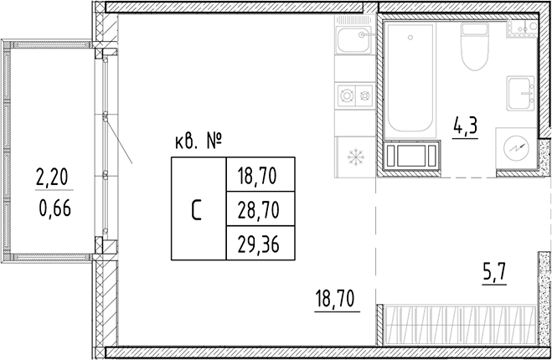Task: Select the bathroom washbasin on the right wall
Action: point(522,91)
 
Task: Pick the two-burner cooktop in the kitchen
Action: point(353,95)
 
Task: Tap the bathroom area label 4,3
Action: point(466,128)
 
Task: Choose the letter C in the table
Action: point(198,208)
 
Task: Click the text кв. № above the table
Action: point(199,142)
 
